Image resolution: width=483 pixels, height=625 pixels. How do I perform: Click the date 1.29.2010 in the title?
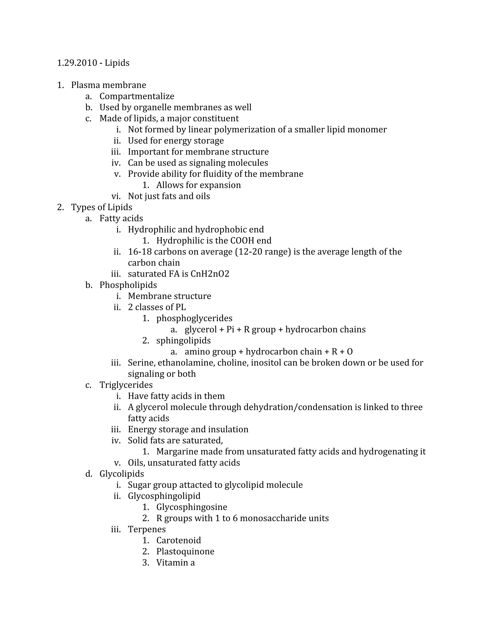click(x=77, y=63)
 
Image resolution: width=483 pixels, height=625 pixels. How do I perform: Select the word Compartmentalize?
click(x=137, y=96)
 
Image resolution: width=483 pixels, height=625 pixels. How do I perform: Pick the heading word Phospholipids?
click(x=128, y=285)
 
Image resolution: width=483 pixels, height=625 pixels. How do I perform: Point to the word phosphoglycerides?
click(x=194, y=318)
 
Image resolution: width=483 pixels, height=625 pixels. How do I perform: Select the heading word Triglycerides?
click(x=126, y=385)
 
